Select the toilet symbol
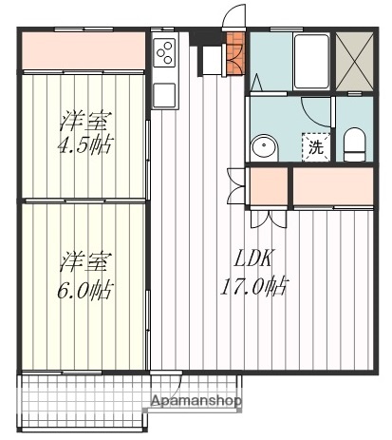tap(354, 145)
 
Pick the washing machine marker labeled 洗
tap(315, 146)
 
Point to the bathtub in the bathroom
tap(310, 61)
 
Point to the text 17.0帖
tap(257, 285)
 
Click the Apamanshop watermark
tap(196, 401)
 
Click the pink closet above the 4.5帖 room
tap(84, 50)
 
